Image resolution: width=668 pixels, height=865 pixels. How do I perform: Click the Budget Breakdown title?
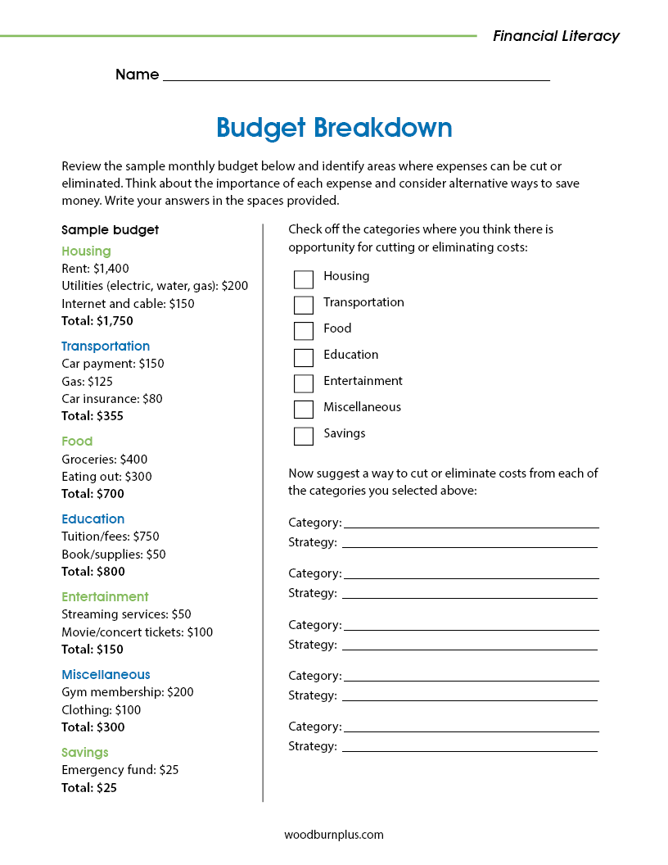[334, 128]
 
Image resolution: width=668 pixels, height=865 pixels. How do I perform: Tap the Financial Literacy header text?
[556, 36]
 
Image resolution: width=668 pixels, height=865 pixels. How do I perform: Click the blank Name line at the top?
[356, 75]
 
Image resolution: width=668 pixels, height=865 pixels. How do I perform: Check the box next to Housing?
[304, 279]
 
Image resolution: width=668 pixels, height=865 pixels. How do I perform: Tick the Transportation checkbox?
[304, 306]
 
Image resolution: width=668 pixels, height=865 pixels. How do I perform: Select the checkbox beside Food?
[304, 331]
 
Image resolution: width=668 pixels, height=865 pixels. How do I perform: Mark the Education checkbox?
[304, 357]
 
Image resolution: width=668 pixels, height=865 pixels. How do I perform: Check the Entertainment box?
[304, 383]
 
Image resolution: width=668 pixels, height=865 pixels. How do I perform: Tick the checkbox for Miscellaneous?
[304, 410]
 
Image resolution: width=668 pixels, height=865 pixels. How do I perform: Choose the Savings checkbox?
[304, 436]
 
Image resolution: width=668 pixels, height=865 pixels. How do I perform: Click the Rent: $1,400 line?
[95, 269]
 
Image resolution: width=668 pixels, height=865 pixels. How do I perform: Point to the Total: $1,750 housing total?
[97, 321]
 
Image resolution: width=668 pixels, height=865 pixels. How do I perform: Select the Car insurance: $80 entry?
[112, 399]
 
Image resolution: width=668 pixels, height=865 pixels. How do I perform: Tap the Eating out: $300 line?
[106, 477]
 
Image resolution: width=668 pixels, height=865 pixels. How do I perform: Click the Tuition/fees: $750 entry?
[111, 537]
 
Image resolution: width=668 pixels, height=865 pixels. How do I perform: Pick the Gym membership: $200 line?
[128, 692]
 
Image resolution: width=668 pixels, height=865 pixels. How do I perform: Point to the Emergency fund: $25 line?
[120, 770]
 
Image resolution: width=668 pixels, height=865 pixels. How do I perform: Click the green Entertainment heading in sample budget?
[105, 597]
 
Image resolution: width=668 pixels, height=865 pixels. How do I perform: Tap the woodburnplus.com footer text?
[334, 835]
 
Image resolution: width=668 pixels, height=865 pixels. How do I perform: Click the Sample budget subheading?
[111, 230]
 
